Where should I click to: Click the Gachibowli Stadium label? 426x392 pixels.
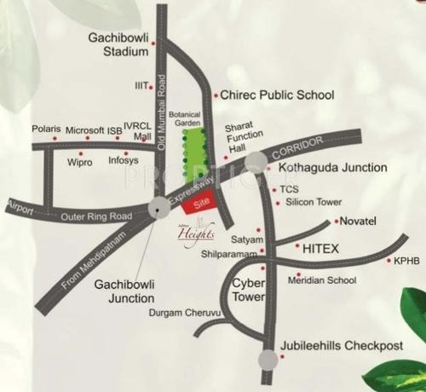coord(120,45)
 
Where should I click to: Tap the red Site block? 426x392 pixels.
coord(203,202)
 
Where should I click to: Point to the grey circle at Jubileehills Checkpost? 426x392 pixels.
coord(268,360)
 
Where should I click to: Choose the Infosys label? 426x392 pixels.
coord(124,159)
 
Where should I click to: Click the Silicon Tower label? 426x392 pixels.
coord(314,202)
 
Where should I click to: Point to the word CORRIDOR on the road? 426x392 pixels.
coord(296,147)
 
